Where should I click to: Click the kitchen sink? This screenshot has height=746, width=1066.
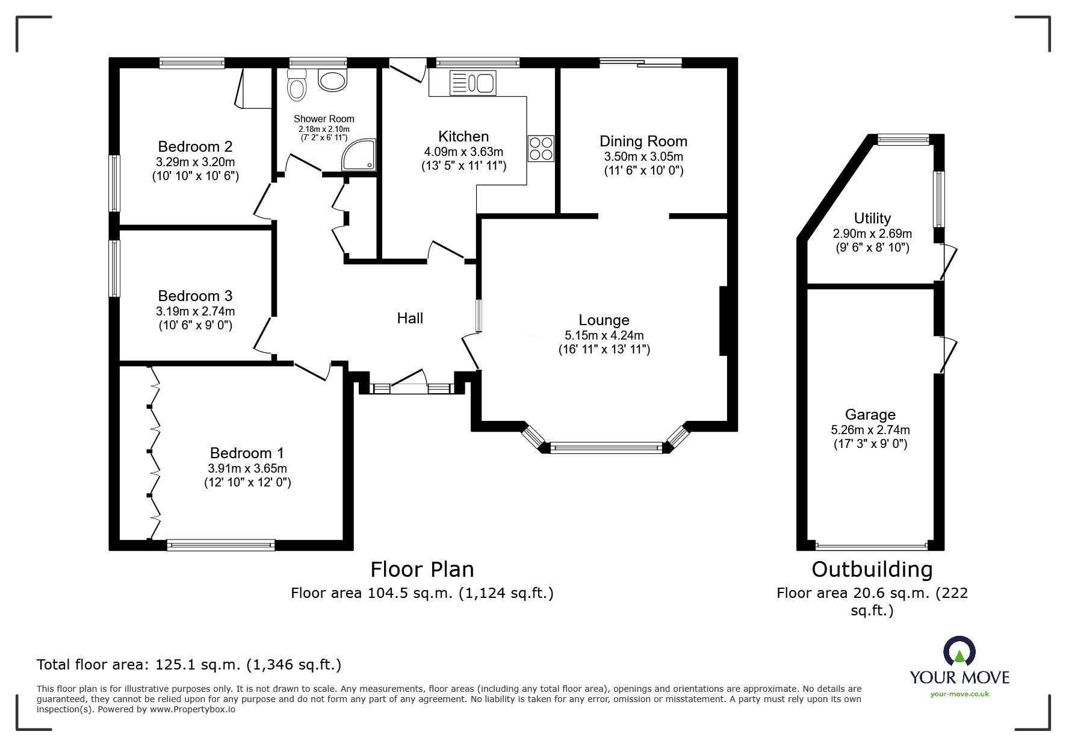click(473, 83)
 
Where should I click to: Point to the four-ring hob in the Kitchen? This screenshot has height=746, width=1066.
click(541, 149)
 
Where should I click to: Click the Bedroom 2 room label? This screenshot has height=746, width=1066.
click(195, 146)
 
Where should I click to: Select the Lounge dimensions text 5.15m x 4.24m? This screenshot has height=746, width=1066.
click(604, 335)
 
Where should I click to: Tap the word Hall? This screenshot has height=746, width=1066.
click(410, 318)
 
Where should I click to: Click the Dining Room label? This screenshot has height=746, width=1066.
click(643, 141)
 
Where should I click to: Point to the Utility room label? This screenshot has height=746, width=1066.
click(872, 218)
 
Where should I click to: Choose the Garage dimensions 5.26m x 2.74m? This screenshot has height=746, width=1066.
click(870, 430)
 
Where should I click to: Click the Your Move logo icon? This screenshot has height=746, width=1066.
click(959, 651)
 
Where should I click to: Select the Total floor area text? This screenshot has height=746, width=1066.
click(189, 665)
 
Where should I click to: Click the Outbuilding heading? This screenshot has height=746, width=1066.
click(872, 569)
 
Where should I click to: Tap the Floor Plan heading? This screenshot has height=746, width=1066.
click(422, 569)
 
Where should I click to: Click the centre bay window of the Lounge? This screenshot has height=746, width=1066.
click(606, 447)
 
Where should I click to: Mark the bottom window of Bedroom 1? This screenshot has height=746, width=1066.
click(221, 546)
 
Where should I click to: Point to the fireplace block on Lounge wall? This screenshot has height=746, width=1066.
click(724, 321)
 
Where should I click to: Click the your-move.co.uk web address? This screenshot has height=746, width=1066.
click(959, 694)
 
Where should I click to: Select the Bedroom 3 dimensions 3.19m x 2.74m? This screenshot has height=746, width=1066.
click(195, 311)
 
